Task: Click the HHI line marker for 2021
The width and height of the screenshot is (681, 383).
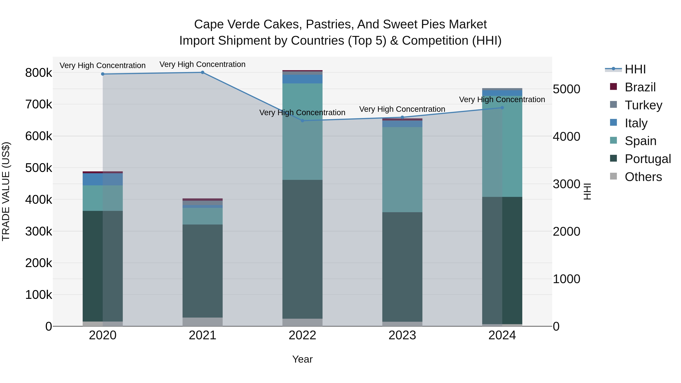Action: point(202,72)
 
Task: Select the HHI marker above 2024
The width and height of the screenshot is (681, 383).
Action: point(502,108)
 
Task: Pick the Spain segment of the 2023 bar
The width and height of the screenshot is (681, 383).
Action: point(402,169)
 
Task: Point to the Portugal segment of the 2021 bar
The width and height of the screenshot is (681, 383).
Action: point(202,271)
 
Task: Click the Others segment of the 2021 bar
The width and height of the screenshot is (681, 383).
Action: point(202,322)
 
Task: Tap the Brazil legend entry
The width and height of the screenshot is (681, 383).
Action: point(640,87)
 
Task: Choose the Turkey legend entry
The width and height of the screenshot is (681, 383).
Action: point(643,105)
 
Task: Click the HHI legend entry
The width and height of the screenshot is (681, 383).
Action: point(635,69)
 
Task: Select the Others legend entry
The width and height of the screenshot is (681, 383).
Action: point(643,177)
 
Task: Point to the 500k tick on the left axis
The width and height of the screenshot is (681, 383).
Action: point(39,168)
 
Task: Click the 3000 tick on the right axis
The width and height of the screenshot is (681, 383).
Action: point(566,184)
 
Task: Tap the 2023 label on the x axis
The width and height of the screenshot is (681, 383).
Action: point(402,335)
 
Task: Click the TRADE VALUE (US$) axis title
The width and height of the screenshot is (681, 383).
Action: point(6,191)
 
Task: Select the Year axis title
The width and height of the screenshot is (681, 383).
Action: point(302,359)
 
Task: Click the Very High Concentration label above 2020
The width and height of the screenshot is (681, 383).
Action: point(103,65)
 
